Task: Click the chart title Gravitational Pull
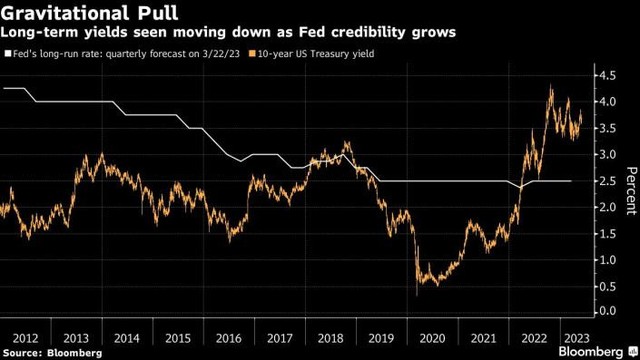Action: pos(89,12)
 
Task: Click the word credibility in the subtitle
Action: pos(369,32)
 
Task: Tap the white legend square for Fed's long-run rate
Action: pos(8,53)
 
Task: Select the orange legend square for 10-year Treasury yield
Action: pos(252,53)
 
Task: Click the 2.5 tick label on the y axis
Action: pos(607,181)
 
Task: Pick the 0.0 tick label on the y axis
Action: pos(607,311)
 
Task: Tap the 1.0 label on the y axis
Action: pos(607,260)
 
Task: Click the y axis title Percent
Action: pos(631,191)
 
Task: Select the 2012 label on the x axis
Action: pos(25,338)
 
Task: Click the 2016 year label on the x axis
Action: pos(229,338)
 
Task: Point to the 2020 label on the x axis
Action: pos(432,338)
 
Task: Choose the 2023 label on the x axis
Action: pos(576,338)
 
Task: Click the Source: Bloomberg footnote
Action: pos(52,353)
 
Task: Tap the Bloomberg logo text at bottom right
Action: pos(591,352)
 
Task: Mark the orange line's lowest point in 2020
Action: pos(417,295)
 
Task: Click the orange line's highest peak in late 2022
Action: pos(551,86)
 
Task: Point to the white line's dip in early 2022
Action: pos(520,187)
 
